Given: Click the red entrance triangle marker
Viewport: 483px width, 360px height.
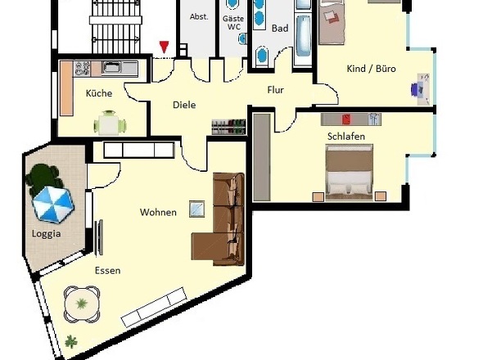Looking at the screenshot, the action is pyautogui.click(x=165, y=47).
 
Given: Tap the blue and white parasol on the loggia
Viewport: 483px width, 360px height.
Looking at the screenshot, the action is pyautogui.click(x=53, y=205).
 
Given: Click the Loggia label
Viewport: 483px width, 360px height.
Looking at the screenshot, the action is pyautogui.click(x=46, y=234).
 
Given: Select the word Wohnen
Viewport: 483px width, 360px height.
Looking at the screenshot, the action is pyautogui.click(x=158, y=212).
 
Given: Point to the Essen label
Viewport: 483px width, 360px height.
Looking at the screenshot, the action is pyautogui.click(x=107, y=271).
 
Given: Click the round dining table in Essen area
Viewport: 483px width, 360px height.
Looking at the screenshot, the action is pyautogui.click(x=82, y=304).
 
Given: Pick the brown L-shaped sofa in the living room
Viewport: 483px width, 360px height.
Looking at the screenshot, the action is pyautogui.click(x=219, y=219).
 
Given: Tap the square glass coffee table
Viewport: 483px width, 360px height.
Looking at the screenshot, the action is pyautogui.click(x=196, y=209).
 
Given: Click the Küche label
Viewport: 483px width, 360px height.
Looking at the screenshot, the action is pyautogui.click(x=99, y=93).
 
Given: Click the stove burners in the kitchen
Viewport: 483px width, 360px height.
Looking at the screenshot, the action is pyautogui.click(x=82, y=69).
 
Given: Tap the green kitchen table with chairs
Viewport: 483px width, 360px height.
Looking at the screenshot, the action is pyautogui.click(x=110, y=124).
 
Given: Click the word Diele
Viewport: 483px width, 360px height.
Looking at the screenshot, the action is pyautogui.click(x=184, y=105).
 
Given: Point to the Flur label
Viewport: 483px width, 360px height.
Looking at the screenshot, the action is pyautogui.click(x=275, y=90).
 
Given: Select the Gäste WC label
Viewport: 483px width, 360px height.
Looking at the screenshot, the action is pyautogui.click(x=233, y=23).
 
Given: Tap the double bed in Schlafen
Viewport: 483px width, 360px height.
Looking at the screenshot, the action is pyautogui.click(x=350, y=173).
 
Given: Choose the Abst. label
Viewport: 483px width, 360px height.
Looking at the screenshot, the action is pyautogui.click(x=199, y=16).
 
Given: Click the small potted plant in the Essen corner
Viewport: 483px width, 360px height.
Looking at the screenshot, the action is pyautogui.click(x=71, y=342).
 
